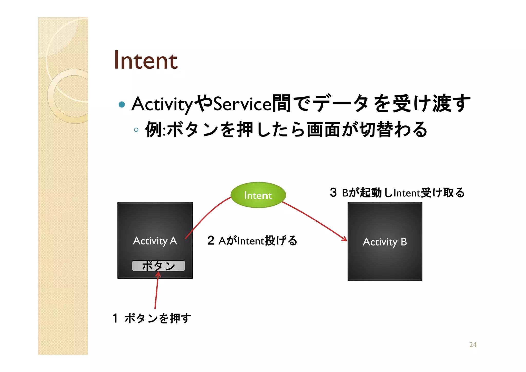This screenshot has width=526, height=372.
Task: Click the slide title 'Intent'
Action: point(146,60)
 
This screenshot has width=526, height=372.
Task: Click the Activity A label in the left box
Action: point(155,241)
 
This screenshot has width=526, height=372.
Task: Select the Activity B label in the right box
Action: point(384,242)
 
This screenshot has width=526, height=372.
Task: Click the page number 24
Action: point(473,344)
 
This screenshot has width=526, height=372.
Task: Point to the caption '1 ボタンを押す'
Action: point(152,318)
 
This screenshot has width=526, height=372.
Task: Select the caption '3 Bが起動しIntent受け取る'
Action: point(397,193)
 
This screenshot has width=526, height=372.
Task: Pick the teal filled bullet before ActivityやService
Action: point(122,104)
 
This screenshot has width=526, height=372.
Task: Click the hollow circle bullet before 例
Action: point(136,130)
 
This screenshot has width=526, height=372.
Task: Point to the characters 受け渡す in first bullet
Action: point(431,104)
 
